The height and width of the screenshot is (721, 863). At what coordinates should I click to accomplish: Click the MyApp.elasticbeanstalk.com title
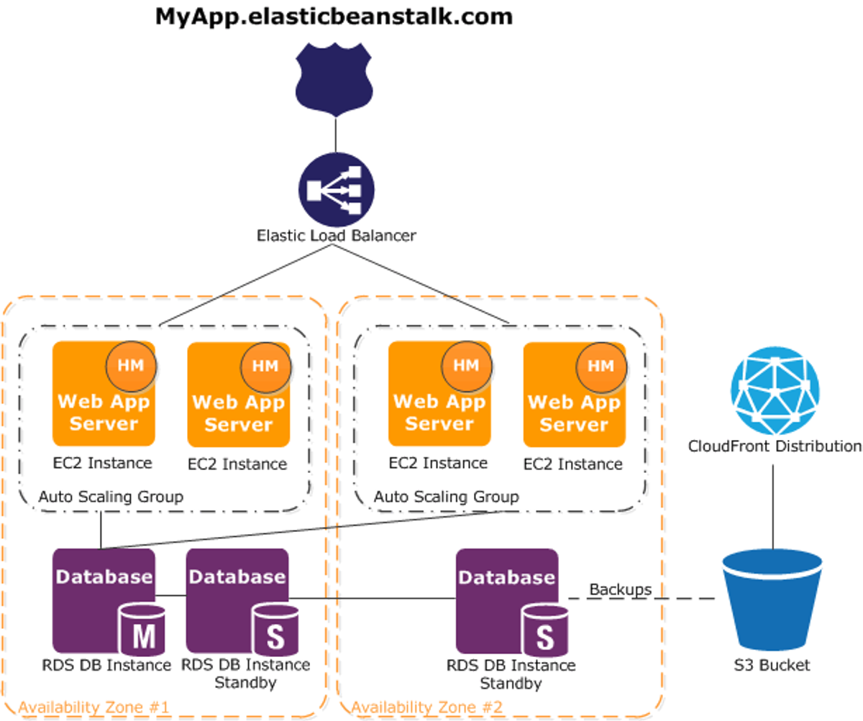click(x=334, y=17)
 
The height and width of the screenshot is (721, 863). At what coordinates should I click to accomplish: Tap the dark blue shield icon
click(x=334, y=79)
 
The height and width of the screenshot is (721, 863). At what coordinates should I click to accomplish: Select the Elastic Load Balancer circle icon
click(x=337, y=190)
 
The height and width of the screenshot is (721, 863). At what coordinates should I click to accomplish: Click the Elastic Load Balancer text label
click(x=336, y=236)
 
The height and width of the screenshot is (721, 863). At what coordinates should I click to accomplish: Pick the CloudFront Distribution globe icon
click(x=775, y=391)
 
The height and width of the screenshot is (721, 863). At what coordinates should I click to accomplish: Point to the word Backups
click(x=620, y=590)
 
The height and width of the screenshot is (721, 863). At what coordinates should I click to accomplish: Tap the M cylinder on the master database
click(x=142, y=630)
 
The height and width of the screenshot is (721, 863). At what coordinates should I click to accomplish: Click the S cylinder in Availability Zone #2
click(x=544, y=630)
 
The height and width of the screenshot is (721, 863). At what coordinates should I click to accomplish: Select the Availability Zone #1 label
click(x=93, y=707)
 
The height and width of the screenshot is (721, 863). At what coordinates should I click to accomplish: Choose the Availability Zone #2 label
click(x=427, y=707)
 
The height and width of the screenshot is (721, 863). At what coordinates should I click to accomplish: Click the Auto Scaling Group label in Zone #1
click(x=111, y=497)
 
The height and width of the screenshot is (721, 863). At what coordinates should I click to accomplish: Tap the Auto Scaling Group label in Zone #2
click(x=447, y=497)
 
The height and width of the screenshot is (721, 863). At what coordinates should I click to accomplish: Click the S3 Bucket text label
click(x=772, y=665)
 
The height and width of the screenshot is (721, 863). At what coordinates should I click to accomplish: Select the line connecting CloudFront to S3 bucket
click(x=773, y=507)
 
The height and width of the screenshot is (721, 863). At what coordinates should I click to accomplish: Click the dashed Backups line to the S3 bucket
click(x=641, y=598)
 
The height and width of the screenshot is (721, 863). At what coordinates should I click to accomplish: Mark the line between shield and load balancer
click(x=335, y=134)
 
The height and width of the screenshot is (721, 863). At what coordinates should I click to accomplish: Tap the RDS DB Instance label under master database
click(x=106, y=665)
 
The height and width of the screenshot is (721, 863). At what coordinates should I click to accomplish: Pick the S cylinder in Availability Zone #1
click(x=275, y=630)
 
